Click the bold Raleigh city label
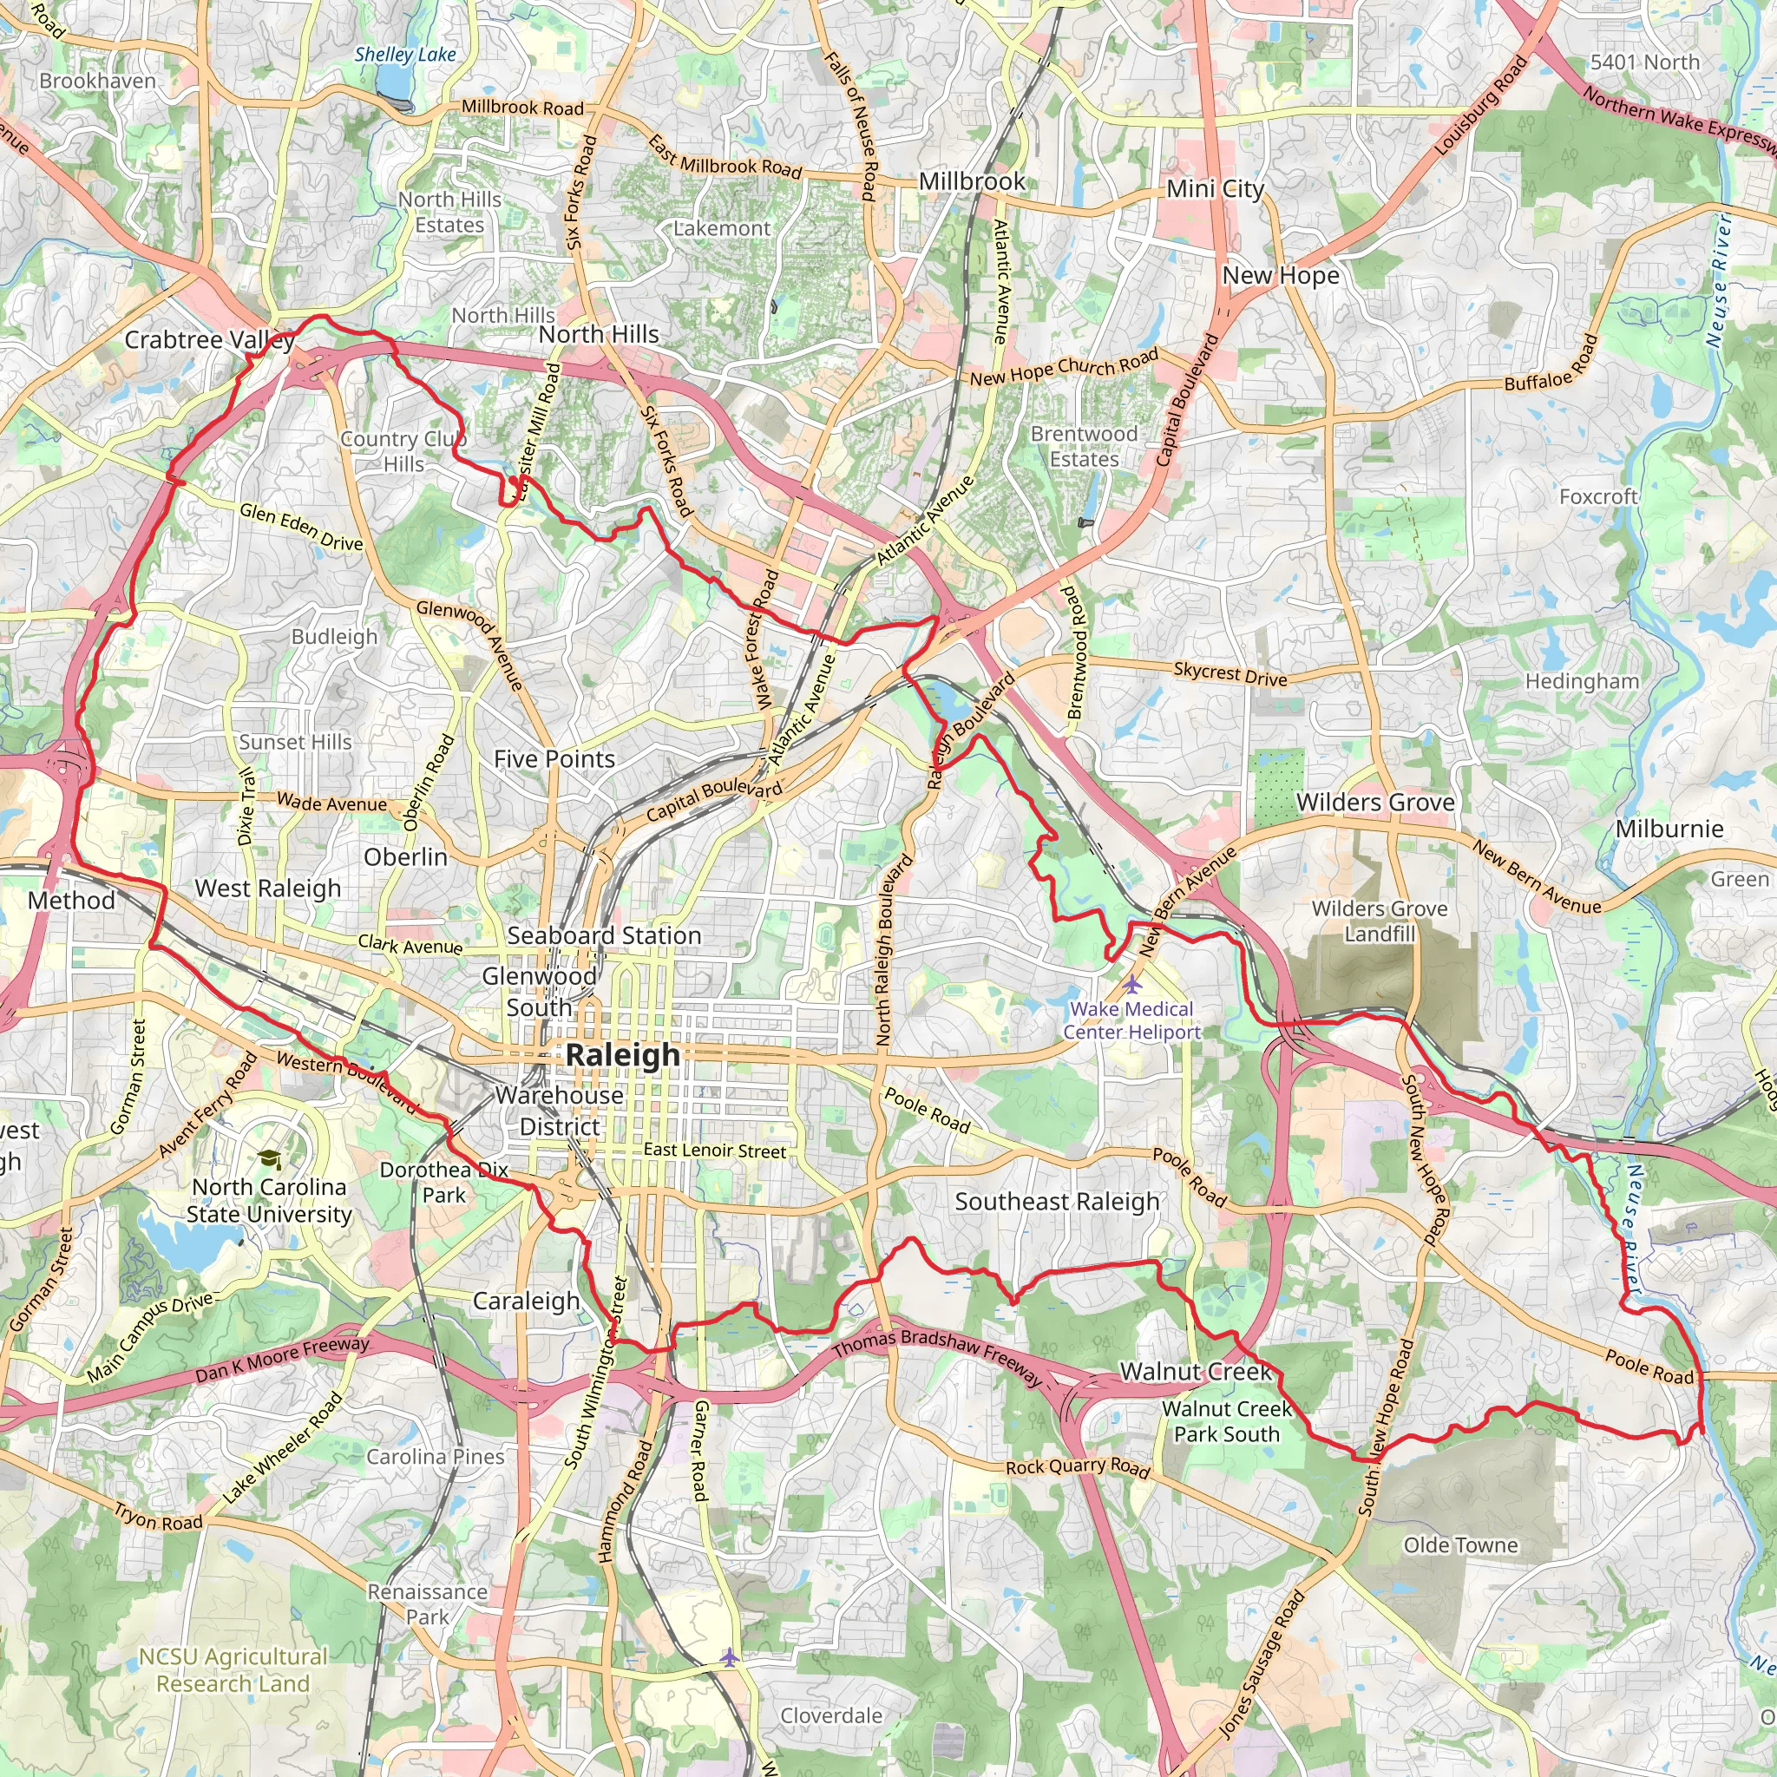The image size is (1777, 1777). [x=623, y=1055]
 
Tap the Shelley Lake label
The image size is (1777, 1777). [x=404, y=56]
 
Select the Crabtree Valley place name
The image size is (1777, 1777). [x=209, y=340]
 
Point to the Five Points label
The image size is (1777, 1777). [x=554, y=759]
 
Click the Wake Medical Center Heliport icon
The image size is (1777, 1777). [x=1132, y=983]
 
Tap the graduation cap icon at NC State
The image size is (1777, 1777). [x=270, y=1160]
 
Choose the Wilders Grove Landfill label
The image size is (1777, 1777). [x=1379, y=921]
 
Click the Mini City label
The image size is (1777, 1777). [x=1215, y=188]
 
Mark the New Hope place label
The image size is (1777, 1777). [x=1281, y=275]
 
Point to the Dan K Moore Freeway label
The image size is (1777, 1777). [x=282, y=1361]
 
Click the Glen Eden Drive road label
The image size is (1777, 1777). [x=301, y=526]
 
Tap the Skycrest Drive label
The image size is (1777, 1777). [x=1229, y=674]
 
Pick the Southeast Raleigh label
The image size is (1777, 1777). [x=1057, y=1201]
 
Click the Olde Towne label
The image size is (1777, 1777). [x=1459, y=1544]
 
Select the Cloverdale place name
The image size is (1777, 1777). [x=830, y=1715]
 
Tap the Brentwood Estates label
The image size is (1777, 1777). [x=1084, y=446]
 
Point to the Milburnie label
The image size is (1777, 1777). [x=1669, y=829]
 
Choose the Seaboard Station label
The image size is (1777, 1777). [x=604, y=935]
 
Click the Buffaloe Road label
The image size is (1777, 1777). [x=1551, y=364]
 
